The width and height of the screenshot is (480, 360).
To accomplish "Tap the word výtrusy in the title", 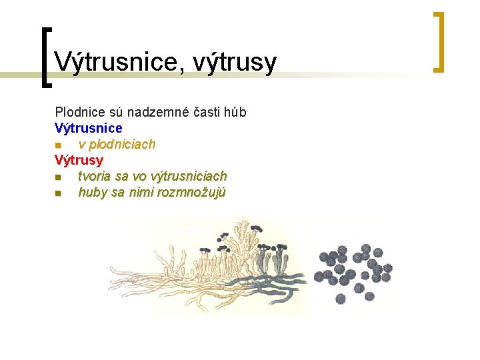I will [x=234, y=62].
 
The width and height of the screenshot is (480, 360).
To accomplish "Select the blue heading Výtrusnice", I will [x=88, y=128].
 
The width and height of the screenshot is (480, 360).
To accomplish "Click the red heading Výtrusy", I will [x=79, y=160].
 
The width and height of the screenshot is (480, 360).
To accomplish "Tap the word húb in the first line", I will [x=235, y=112].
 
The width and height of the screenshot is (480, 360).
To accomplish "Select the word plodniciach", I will [x=117, y=144].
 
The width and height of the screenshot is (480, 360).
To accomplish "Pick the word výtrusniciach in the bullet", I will [x=189, y=176].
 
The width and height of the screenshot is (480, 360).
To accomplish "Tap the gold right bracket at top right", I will [x=438, y=41].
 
